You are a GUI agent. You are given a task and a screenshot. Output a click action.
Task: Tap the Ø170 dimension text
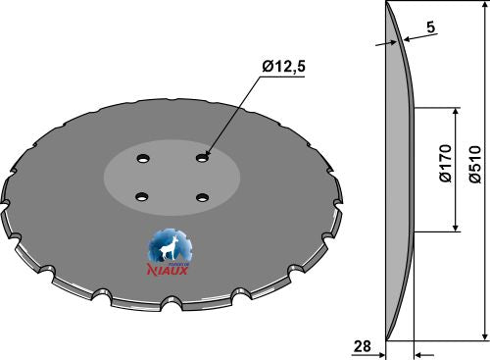(x=445, y=169)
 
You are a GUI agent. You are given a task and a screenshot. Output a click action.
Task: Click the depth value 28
(x=362, y=346)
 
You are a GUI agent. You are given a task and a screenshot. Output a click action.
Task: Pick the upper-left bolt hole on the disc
(x=142, y=157)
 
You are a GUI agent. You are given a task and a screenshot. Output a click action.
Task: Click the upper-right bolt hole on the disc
(x=202, y=155)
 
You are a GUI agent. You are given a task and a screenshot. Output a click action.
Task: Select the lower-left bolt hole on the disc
(x=139, y=194)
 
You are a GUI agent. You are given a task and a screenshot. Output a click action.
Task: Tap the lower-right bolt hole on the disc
(x=202, y=197)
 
